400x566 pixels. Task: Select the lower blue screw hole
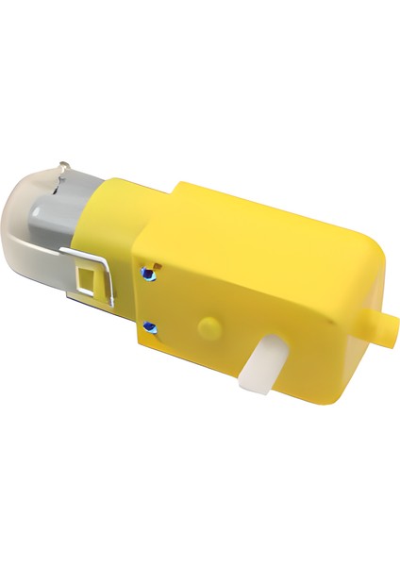[x=148, y=326]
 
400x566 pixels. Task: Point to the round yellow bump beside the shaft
[x=207, y=325]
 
